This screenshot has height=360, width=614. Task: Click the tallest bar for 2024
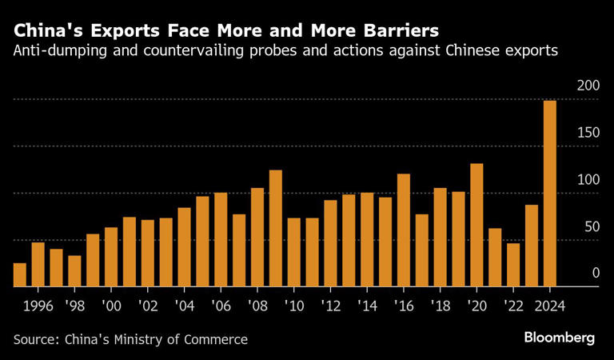pos(550,193)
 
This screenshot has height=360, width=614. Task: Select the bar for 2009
pos(276,228)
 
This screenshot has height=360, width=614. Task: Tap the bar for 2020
pos(476,225)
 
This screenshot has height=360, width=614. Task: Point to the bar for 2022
pos(513,264)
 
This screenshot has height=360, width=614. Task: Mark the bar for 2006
pos(221,239)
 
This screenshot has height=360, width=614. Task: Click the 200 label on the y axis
pos(588,86)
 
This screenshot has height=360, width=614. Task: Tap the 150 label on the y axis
pos(588,133)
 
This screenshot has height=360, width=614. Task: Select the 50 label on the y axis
pos(592,227)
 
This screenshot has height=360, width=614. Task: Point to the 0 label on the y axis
pos(596,274)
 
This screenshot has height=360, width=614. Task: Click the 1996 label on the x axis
pos(38,305)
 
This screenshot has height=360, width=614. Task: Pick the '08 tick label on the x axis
pos(257,305)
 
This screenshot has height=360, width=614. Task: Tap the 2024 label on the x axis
pos(550,305)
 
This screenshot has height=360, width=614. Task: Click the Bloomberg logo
pos(560,338)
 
